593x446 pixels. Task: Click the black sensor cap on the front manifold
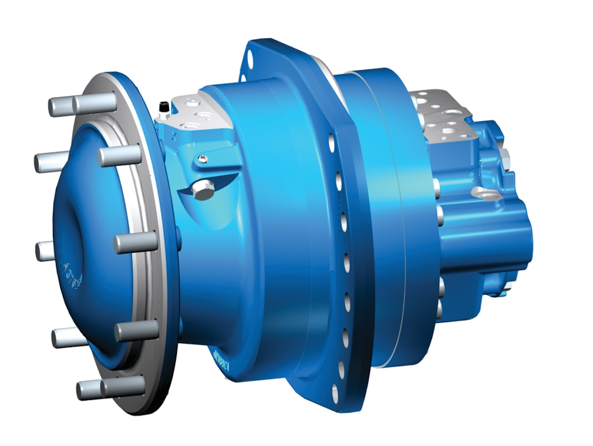pos(162,106)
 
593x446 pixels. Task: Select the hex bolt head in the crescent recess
pos(203,188)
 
